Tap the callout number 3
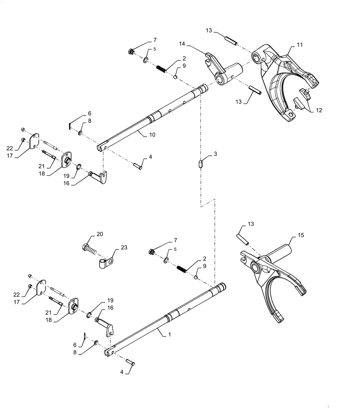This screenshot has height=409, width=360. click(x=215, y=155)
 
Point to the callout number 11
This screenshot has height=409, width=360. click(x=300, y=45)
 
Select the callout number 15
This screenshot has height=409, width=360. click(x=301, y=235)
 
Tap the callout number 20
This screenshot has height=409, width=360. click(x=100, y=234)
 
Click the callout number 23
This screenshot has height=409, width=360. click(x=124, y=247)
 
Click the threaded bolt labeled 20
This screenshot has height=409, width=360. click(x=91, y=248)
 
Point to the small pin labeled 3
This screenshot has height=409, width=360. click(x=201, y=164)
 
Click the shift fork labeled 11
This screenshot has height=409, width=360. click(x=282, y=86)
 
